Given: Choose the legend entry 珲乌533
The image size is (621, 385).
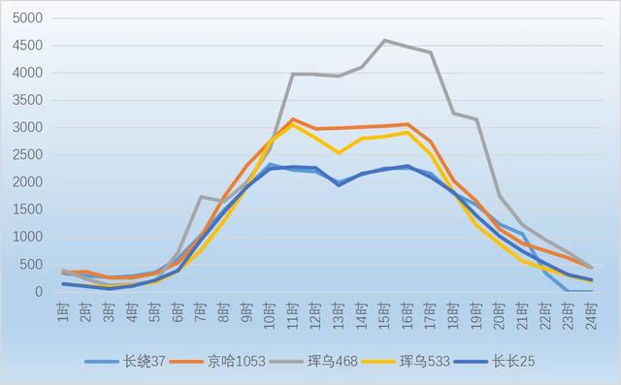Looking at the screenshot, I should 442,363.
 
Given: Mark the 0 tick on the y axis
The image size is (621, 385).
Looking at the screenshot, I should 40,292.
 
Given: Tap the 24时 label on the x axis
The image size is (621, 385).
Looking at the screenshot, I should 590,312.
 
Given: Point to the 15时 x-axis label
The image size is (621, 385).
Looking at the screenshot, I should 384,312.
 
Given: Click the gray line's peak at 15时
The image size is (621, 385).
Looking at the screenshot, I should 384,41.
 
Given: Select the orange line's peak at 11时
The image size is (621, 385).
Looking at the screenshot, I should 293,119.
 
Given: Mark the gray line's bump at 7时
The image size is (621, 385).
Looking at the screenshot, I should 201,197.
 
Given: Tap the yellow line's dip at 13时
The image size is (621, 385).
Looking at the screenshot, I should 339,153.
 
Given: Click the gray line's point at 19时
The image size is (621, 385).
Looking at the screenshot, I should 476,119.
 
